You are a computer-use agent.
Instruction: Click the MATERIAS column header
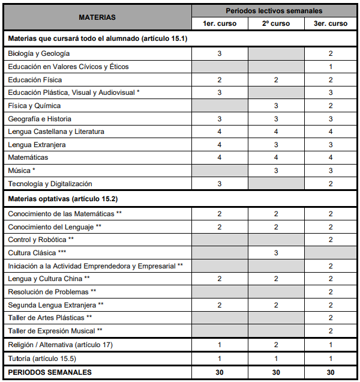pos(97,17)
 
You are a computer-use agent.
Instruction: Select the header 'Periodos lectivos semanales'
pos(274,11)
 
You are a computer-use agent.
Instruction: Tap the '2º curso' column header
pos(276,23)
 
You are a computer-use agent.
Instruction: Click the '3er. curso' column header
pos(331,23)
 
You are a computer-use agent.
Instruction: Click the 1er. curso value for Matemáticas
pos(220,157)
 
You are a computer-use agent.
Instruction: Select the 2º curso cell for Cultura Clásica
pos(276,253)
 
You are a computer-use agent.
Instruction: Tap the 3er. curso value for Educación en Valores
pos(331,67)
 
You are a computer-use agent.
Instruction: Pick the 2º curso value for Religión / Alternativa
pos(276,345)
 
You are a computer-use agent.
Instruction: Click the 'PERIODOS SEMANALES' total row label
pos(50,372)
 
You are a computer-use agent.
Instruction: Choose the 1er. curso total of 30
pos(220,372)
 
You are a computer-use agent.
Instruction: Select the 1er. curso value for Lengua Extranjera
pos(220,145)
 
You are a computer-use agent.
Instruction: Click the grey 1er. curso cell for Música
pos(220,171)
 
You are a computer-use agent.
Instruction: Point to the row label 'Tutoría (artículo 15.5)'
pos(42,359)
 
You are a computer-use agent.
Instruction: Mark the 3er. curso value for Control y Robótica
pos(331,240)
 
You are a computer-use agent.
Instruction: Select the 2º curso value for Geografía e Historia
pos(276,119)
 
